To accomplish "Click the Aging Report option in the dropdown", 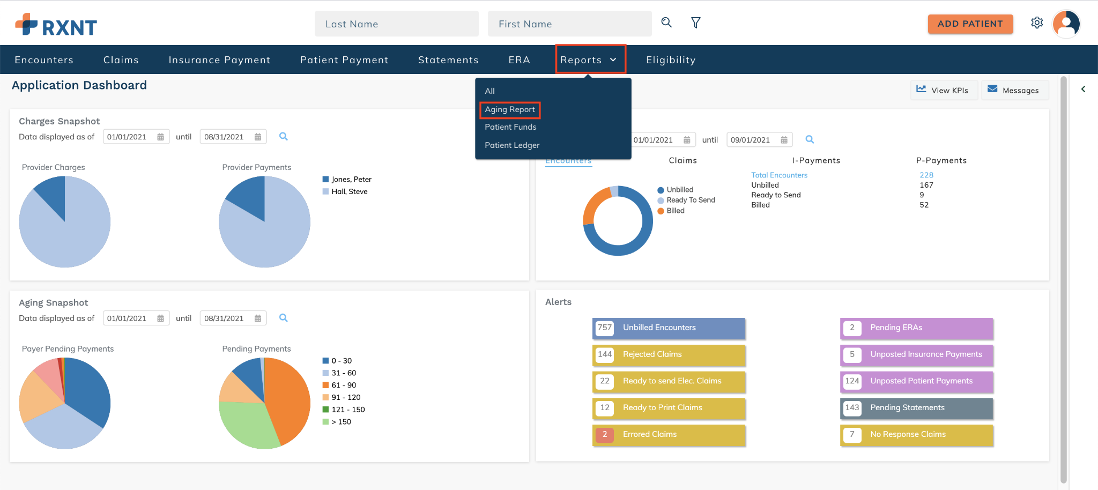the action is (510, 109).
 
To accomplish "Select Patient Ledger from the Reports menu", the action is (512, 145).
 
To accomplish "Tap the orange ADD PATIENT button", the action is (970, 24).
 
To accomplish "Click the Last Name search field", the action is (396, 24).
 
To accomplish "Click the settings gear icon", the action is (1037, 23).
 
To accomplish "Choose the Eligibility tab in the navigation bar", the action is (671, 60).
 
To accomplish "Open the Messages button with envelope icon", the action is (1014, 90).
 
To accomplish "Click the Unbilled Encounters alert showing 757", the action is (669, 328).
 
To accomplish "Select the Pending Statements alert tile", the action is (916, 408).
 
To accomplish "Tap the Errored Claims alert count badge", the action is (605, 435).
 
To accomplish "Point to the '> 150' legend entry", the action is (337, 422).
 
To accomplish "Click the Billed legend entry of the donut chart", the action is (671, 211).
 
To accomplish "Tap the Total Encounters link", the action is (779, 175).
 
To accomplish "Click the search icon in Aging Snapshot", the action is (284, 318).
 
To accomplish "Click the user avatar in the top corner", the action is (1066, 24).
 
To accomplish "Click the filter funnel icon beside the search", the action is (696, 23).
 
